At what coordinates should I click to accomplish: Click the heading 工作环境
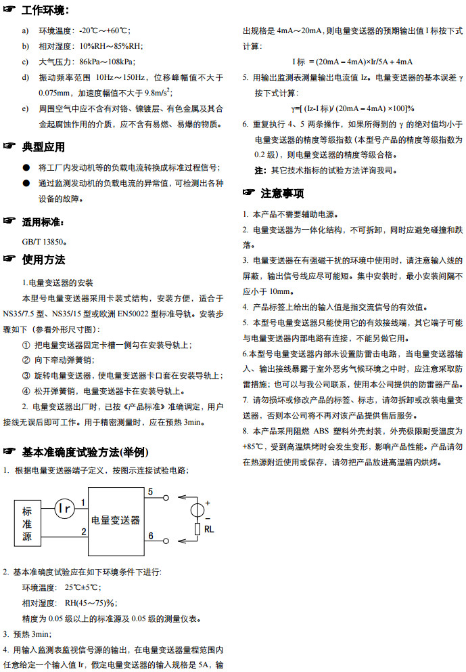click(44, 10)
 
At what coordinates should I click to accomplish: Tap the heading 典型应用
click(43, 146)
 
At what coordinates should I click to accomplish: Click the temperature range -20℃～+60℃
click(105, 30)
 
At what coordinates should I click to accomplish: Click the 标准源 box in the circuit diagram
click(27, 523)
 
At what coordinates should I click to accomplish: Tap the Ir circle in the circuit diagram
click(64, 508)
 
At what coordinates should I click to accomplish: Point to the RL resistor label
click(208, 529)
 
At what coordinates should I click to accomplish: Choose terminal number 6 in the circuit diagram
click(150, 536)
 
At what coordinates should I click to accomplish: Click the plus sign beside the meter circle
click(208, 502)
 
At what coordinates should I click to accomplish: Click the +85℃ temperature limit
click(254, 447)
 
